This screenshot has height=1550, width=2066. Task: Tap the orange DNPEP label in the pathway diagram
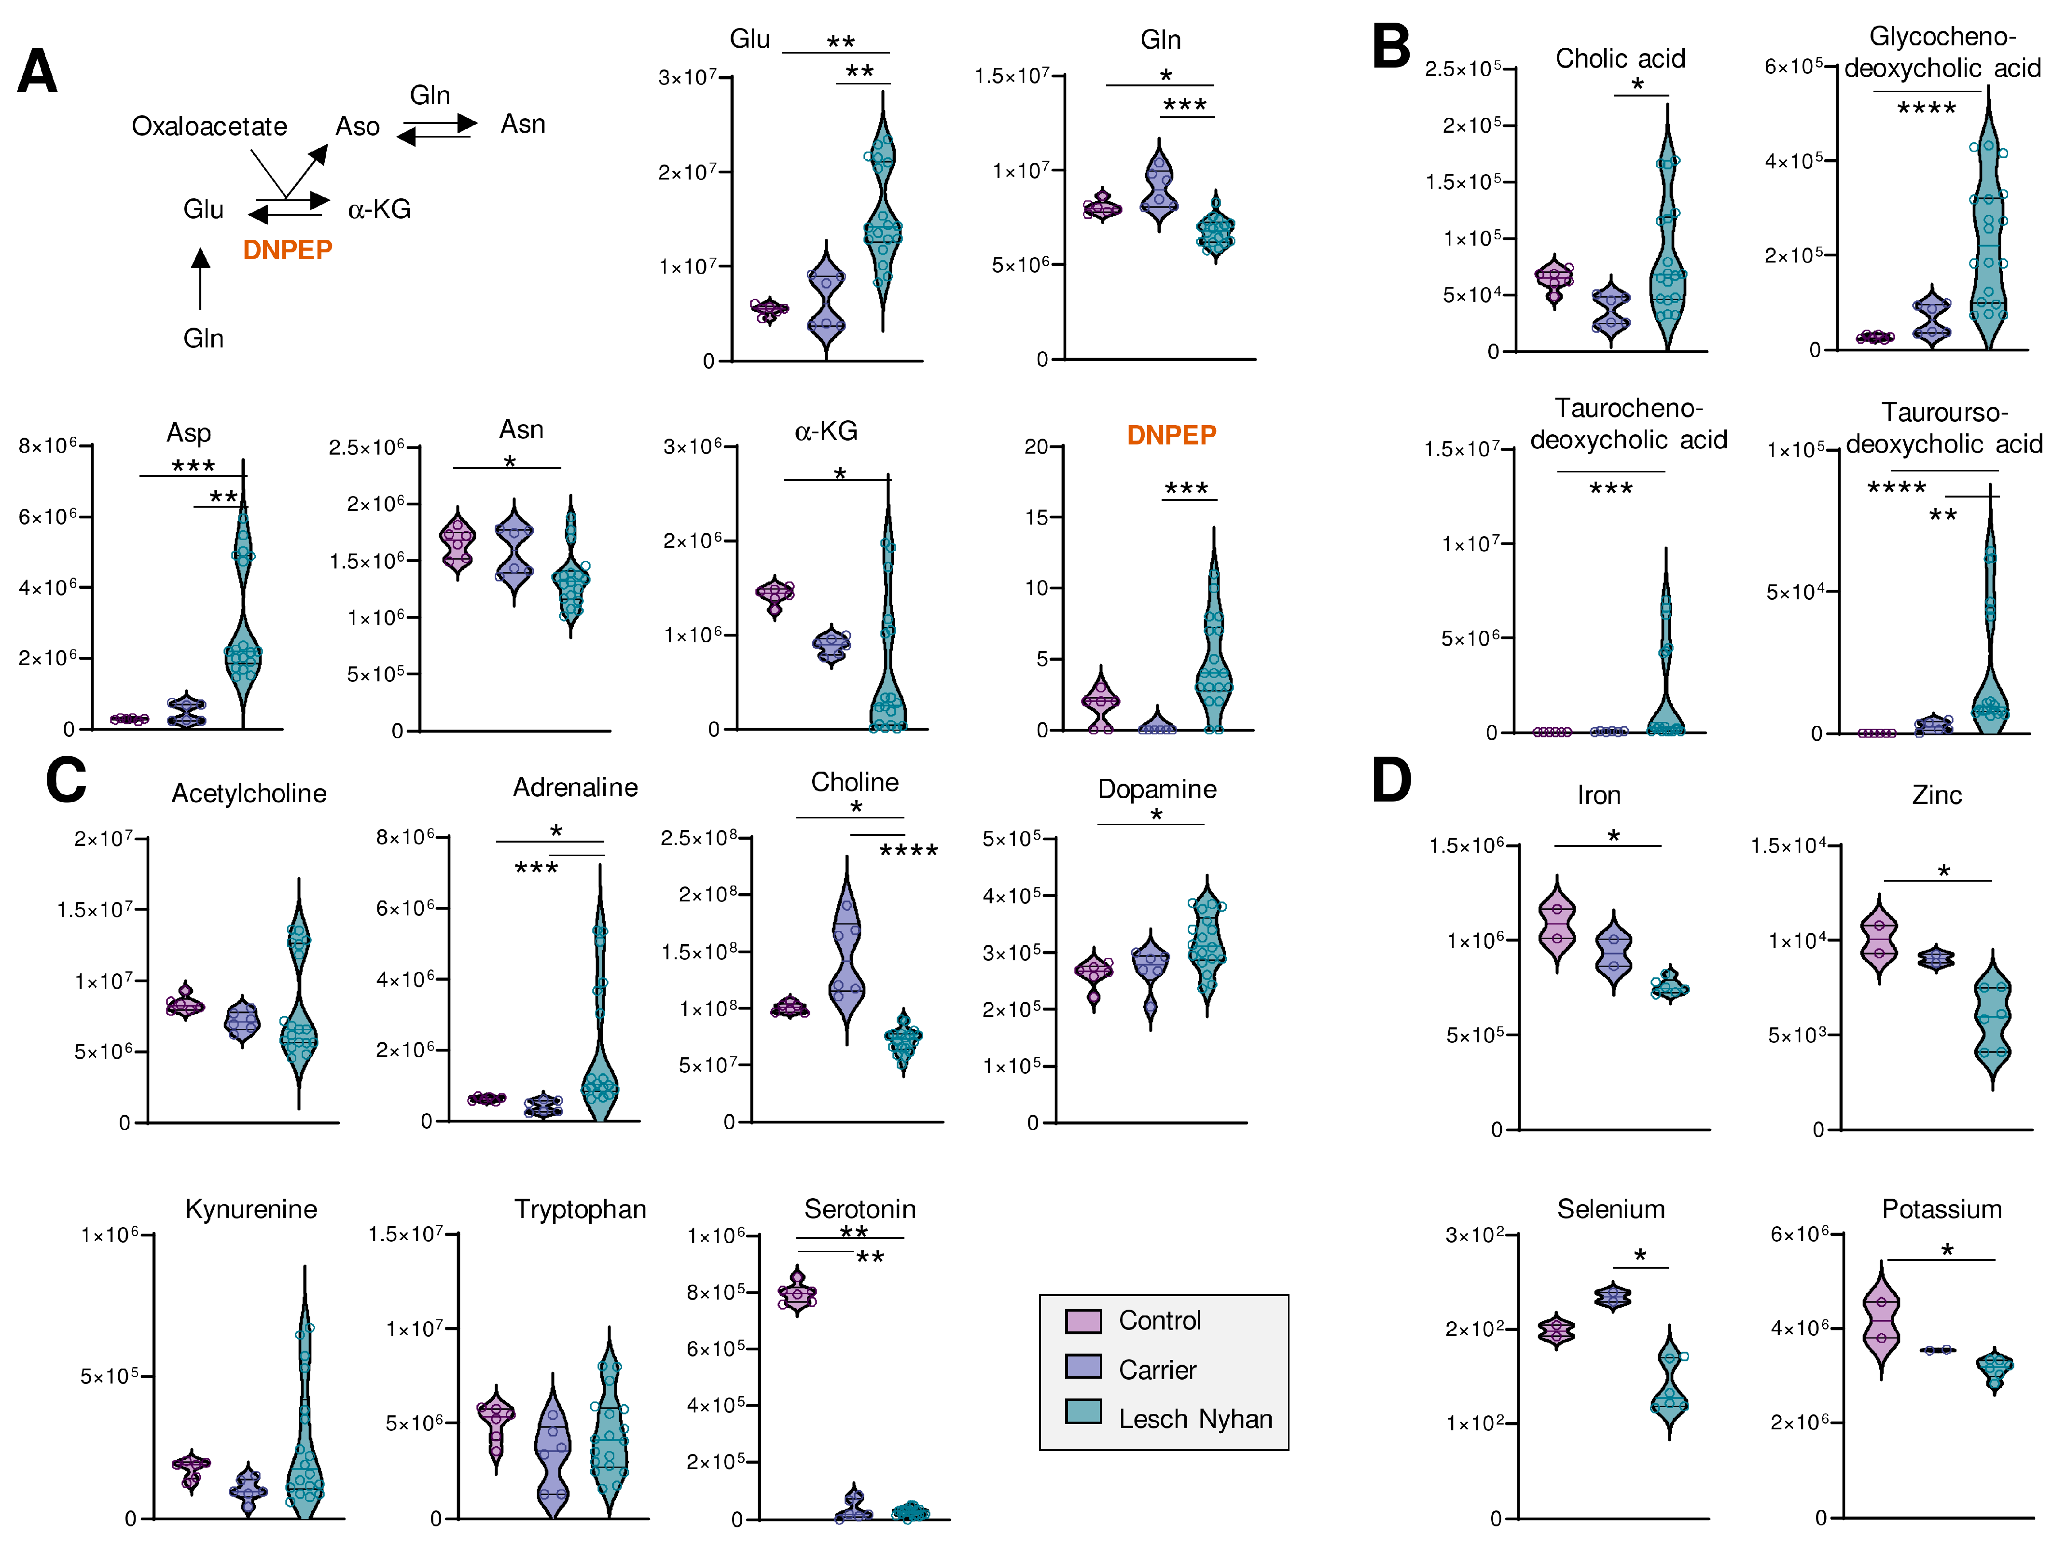pyautogui.click(x=287, y=250)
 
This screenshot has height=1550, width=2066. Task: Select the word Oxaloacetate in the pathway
pyautogui.click(x=209, y=126)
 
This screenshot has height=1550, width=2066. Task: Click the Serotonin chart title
pyautogui.click(x=860, y=1209)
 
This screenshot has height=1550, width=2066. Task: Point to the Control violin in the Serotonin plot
pyautogui.click(x=797, y=1293)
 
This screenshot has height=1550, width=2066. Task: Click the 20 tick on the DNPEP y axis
pyautogui.click(x=1037, y=446)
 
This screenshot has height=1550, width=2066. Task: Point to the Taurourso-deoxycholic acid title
pyautogui.click(x=1943, y=428)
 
